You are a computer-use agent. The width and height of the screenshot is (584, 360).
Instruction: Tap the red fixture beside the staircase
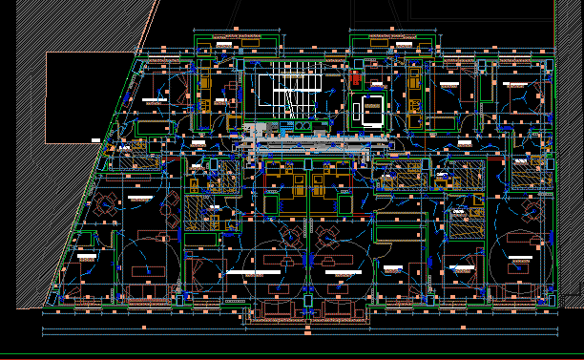pos(356,76)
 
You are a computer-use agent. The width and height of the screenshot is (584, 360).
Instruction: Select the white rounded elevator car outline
pos(370,112)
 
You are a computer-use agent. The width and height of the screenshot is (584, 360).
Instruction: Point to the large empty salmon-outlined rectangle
pos(91,96)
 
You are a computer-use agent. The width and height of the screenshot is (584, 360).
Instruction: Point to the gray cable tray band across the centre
pos(315,144)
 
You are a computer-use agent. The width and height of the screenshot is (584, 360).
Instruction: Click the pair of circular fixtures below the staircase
pos(302,125)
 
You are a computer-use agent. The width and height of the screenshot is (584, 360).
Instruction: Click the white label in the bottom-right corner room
pos(521,259)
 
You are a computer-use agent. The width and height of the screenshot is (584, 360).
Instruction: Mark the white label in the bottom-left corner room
pos(85,258)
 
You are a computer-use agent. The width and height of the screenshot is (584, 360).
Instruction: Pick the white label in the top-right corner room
pos(516,84)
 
